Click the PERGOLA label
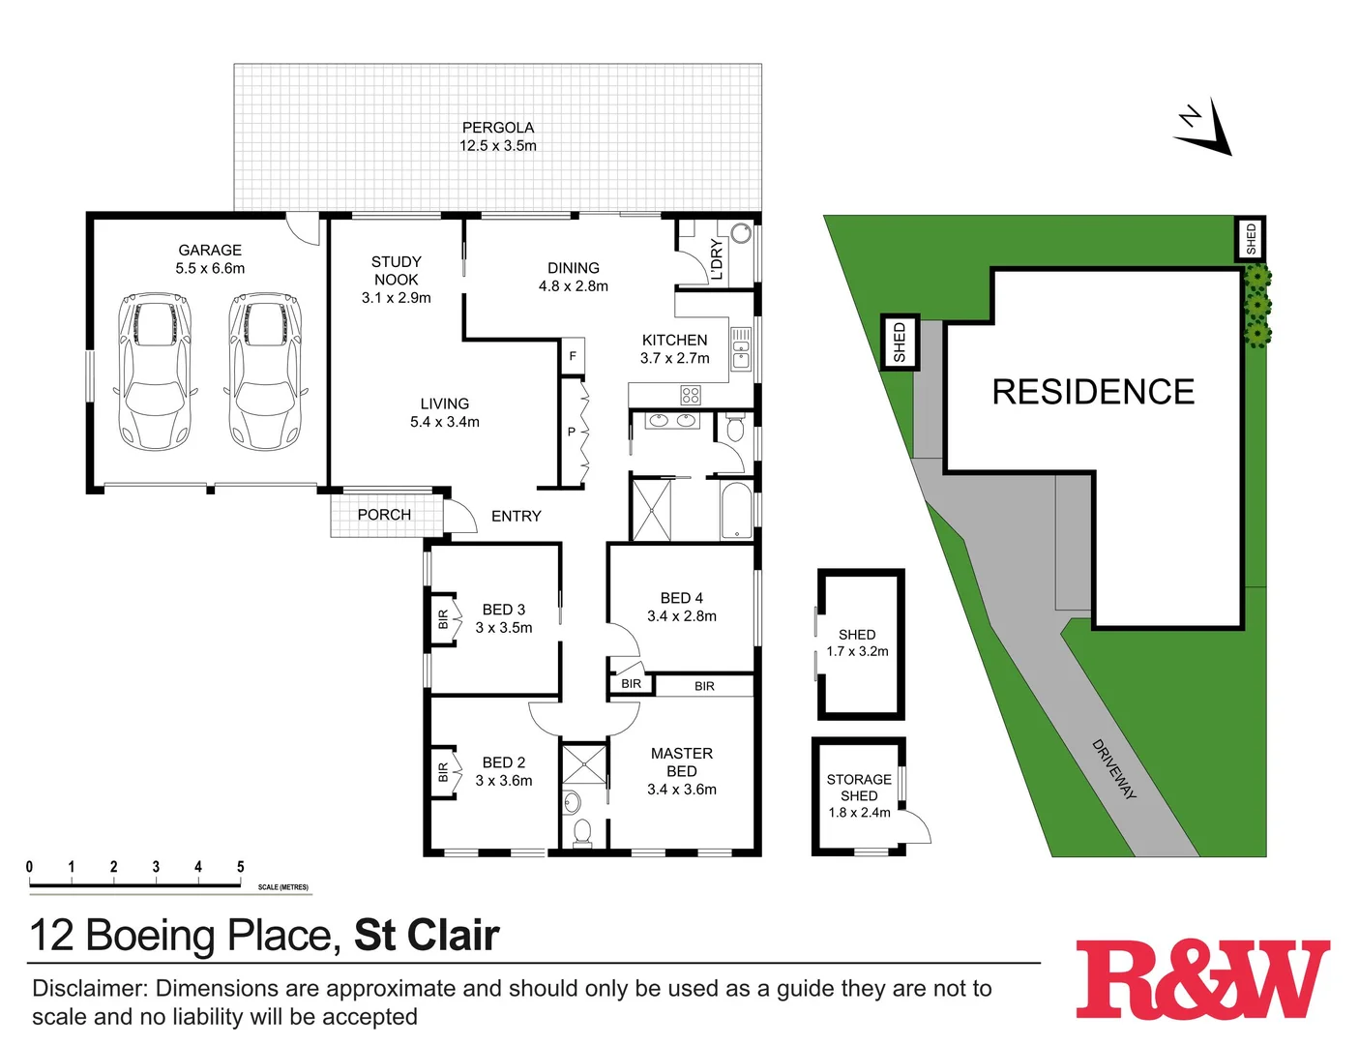[497, 128]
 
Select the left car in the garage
[154, 373]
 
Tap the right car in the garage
[265, 373]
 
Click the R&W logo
[1202, 978]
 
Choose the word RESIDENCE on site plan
[1093, 392]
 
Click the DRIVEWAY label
[1113, 769]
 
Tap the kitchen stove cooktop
[690, 395]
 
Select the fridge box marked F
[573, 356]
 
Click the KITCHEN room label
[674, 340]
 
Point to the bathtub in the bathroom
[736, 510]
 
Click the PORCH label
[384, 515]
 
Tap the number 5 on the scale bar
[240, 867]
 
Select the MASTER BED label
[681, 762]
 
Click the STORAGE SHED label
[859, 787]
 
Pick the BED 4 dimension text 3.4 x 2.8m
[681, 616]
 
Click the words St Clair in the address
[427, 936]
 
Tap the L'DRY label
[717, 259]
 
